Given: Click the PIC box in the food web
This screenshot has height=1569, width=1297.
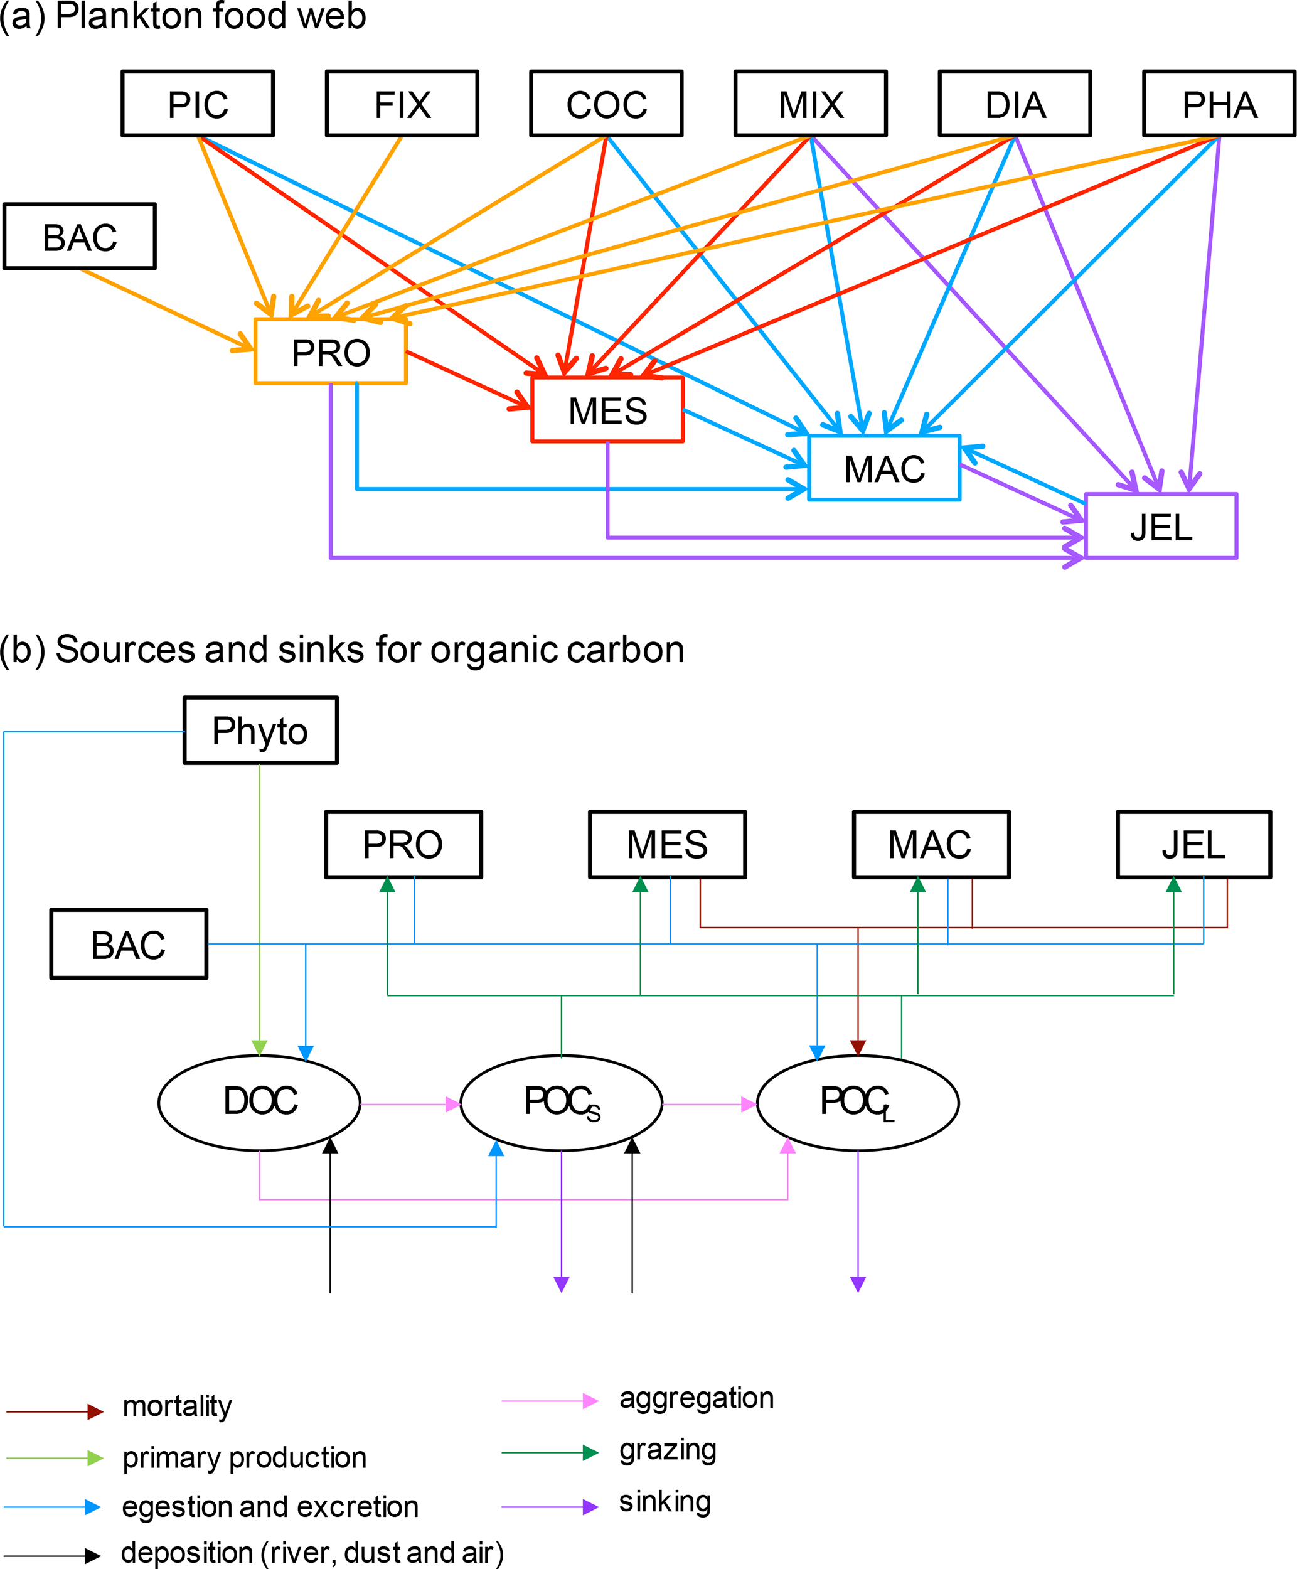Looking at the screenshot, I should [x=198, y=104].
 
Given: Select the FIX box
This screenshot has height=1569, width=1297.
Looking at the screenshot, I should [x=402, y=104].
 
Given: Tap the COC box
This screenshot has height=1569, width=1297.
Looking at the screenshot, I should [x=607, y=104].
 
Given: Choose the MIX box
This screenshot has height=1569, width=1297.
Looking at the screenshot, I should [x=811, y=104].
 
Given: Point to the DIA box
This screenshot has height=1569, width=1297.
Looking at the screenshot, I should [x=1015, y=104].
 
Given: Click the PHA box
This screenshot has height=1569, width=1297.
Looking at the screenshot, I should [x=1219, y=104].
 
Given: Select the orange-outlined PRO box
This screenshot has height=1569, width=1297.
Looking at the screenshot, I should [x=331, y=352].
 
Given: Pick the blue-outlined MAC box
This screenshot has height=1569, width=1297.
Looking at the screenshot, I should [x=885, y=468].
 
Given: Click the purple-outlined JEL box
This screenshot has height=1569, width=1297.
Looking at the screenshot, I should [x=1161, y=527].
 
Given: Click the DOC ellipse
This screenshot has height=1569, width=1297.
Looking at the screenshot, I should [x=260, y=1101].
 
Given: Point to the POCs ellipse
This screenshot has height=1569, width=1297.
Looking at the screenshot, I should [x=562, y=1101].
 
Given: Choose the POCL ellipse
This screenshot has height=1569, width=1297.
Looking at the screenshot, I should [x=858, y=1101].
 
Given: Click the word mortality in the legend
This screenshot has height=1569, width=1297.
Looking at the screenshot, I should [x=177, y=1406].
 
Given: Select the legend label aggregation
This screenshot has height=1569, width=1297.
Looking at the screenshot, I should [x=697, y=1398].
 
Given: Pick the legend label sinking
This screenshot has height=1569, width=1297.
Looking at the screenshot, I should [x=665, y=1502].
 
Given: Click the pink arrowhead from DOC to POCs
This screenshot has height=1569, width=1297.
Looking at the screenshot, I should [x=453, y=1105].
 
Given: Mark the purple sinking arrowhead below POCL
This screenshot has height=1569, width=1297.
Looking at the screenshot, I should [x=858, y=1284].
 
